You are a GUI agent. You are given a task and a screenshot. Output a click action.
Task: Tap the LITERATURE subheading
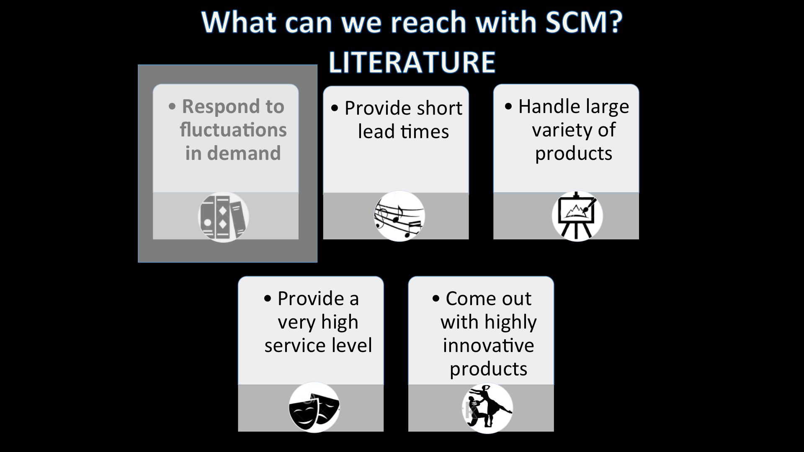[412, 62]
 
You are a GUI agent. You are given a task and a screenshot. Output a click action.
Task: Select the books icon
[223, 217]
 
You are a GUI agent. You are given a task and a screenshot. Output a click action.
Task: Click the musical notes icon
[399, 216]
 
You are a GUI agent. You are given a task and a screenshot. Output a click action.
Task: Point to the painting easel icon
[577, 216]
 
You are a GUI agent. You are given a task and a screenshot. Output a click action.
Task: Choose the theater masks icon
[314, 408]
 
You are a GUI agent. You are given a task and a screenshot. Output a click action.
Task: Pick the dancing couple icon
[487, 408]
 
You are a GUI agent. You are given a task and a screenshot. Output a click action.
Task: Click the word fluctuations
[233, 130]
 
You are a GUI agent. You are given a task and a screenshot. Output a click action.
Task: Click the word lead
[376, 132]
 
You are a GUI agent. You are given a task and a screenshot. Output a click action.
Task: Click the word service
[295, 346]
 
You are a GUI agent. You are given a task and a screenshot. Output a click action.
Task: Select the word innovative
[488, 346]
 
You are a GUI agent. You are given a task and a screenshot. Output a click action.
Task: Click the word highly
[510, 322]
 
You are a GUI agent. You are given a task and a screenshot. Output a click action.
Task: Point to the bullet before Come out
[436, 299]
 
